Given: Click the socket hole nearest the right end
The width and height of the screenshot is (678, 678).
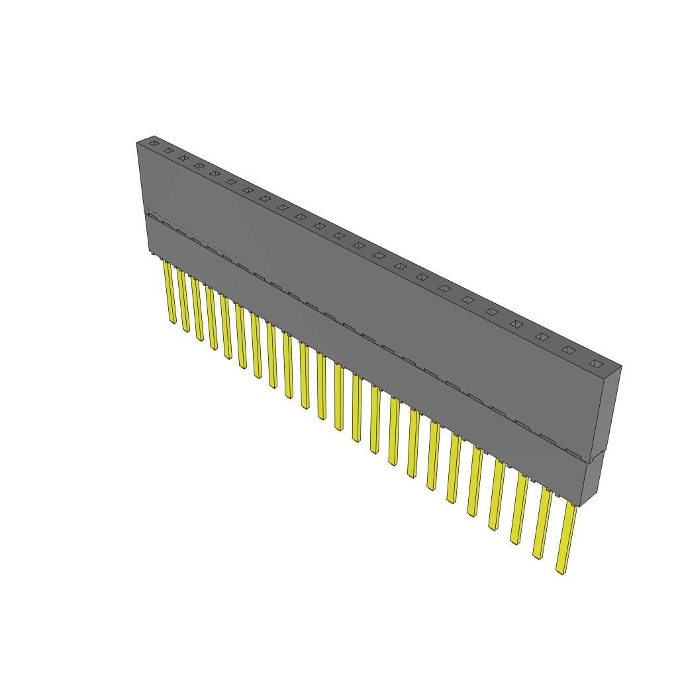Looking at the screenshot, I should click(x=596, y=363).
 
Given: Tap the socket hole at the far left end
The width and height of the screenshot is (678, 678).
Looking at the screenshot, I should click(x=154, y=143).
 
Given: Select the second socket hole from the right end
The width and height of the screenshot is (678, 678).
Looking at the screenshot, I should click(x=569, y=350).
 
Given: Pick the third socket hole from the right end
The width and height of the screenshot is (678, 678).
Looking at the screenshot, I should click(x=542, y=336).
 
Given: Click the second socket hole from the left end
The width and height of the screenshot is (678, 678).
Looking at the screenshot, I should click(x=168, y=150).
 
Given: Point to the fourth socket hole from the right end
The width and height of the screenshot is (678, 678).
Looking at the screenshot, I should click(x=516, y=324).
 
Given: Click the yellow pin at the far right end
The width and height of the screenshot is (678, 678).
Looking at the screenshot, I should click(x=566, y=536).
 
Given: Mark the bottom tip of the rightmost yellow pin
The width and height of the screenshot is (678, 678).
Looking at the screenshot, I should click(x=561, y=571).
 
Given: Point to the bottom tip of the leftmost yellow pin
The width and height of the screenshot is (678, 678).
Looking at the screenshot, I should click(x=173, y=322).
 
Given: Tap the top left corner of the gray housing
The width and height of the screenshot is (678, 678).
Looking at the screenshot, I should click(x=137, y=142).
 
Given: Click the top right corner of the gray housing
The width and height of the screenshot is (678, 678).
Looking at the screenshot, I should click(x=621, y=365).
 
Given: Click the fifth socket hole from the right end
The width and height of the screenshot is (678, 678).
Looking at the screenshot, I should click(x=491, y=311).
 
